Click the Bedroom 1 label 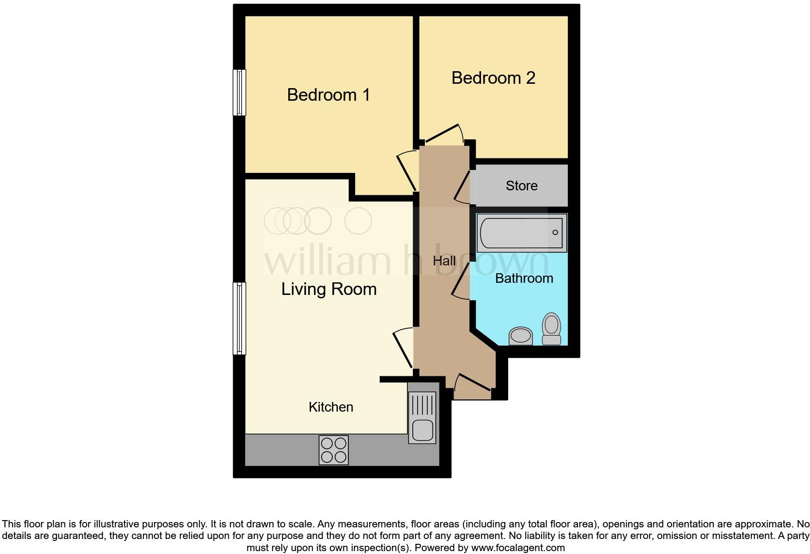(328, 95)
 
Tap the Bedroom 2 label (493, 78)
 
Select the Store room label (521, 186)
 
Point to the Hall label (444, 261)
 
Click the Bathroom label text (524, 278)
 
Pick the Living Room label (328, 289)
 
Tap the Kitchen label (331, 407)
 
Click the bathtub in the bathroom (521, 233)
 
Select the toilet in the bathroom (551, 329)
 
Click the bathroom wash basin (521, 335)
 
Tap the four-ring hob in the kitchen (334, 450)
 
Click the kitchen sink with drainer (422, 418)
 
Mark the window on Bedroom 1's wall (239, 92)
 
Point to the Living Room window (239, 318)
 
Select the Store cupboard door (462, 186)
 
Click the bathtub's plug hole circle (555, 232)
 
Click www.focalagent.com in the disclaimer (518, 548)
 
